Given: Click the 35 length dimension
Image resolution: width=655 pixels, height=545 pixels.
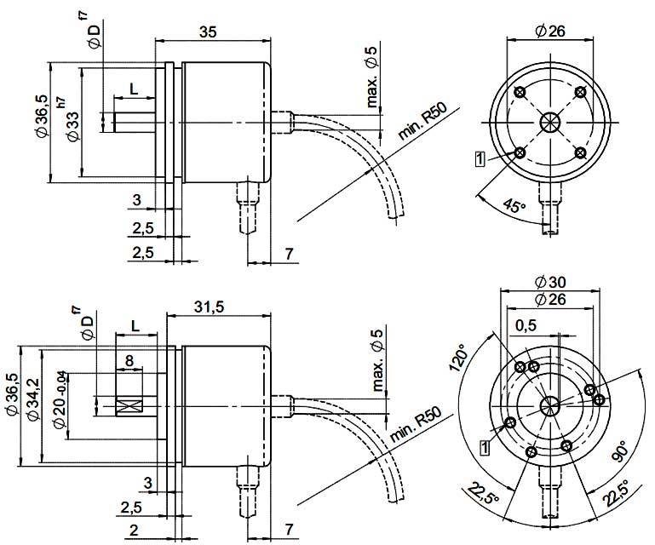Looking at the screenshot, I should [x=207, y=32].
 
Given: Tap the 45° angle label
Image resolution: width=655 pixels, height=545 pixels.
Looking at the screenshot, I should [x=514, y=207].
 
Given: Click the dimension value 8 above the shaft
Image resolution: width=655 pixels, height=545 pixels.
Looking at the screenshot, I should [x=129, y=360].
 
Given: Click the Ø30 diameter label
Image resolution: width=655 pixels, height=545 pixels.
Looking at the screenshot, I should [x=550, y=282].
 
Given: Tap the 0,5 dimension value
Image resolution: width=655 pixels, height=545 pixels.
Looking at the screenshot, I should [x=526, y=325].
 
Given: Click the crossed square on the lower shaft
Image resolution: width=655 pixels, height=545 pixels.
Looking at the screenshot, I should [x=129, y=407].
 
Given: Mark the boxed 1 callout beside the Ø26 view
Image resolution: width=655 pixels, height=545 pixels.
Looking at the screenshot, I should [x=480, y=158].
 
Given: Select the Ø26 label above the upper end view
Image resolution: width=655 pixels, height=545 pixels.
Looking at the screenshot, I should [x=551, y=32].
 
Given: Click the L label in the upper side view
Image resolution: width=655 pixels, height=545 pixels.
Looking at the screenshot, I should [x=135, y=88].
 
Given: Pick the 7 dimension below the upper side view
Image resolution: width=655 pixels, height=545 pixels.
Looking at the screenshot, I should [x=289, y=253].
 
